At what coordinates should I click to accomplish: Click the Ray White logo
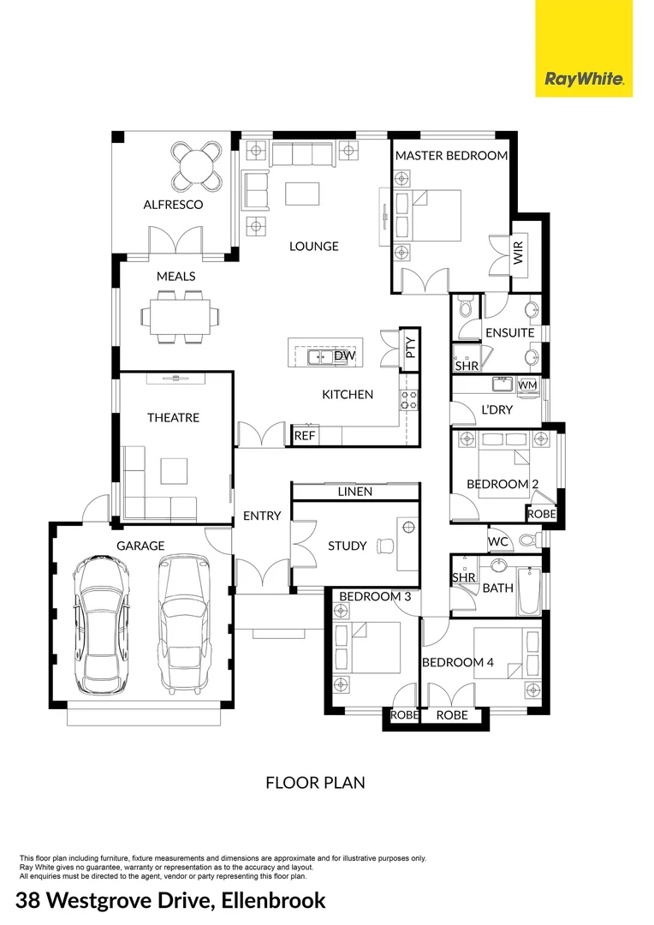(x=584, y=80)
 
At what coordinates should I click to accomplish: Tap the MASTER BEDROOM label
(x=451, y=156)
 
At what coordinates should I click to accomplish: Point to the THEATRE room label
(x=173, y=417)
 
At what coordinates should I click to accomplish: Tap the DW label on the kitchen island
(x=344, y=355)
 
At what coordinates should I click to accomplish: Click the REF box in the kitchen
(x=304, y=435)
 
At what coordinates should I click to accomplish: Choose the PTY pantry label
(x=410, y=348)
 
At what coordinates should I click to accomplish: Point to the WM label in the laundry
(x=527, y=385)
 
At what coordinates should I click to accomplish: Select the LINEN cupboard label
(x=355, y=492)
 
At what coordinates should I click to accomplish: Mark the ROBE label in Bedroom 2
(x=541, y=514)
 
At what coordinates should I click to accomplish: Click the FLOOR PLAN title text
(x=315, y=782)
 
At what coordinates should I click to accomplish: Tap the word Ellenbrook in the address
(x=273, y=900)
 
